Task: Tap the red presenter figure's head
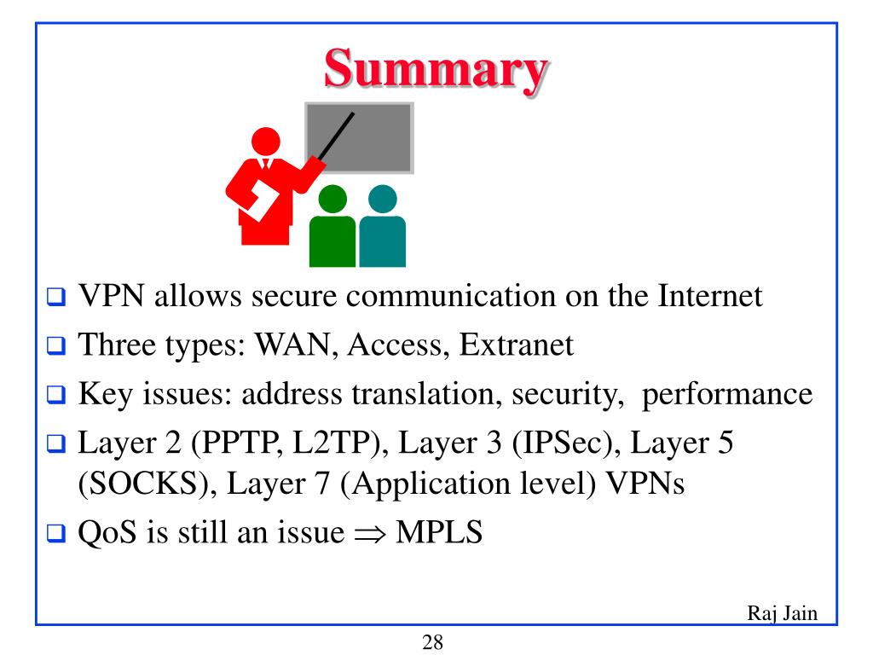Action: [266, 141]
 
